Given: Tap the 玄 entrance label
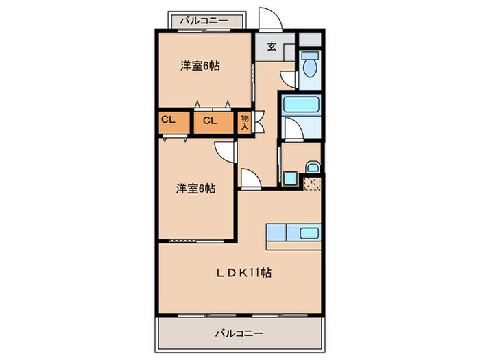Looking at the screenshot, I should click(272, 47).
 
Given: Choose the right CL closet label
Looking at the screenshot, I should click(211, 121).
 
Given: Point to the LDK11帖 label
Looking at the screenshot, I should click(244, 272).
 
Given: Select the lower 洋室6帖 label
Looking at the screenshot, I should click(195, 187).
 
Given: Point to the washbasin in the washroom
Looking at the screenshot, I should click(312, 167).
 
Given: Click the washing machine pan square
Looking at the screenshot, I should click(290, 180).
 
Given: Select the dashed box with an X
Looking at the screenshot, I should click(313, 183).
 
